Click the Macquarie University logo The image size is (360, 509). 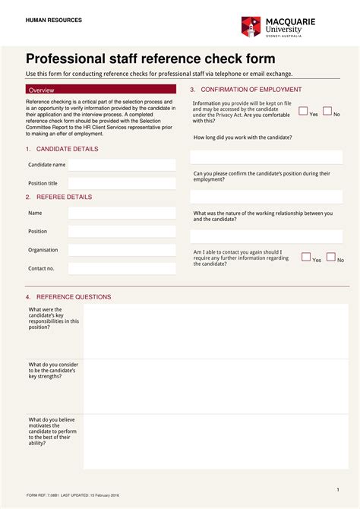pos(278,27)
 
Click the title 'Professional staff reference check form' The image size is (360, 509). pos(150,59)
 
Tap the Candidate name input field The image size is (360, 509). pos(122,165)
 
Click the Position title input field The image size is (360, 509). pos(122,183)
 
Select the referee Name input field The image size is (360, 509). pos(122,213)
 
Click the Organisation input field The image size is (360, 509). pos(122,250)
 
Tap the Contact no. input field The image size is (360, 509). pos(122,268)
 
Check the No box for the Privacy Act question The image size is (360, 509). pos(327,111)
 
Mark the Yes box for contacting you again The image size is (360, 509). pos(306,257)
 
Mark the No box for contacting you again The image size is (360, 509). pos(331,257)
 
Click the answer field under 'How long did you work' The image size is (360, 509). pos(266,157)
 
